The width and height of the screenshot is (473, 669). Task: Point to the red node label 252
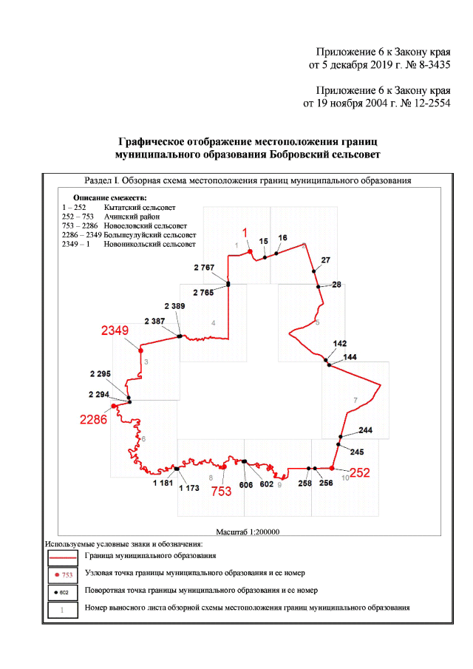coord(359,473)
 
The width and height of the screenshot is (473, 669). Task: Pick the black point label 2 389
coord(169,306)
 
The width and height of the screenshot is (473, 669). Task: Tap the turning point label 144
coord(350,357)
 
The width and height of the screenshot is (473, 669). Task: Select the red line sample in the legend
coord(63,554)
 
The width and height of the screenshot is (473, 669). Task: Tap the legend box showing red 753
coord(63,574)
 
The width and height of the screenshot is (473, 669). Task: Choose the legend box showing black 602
coord(63,592)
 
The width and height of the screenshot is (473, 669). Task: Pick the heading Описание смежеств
coord(110,198)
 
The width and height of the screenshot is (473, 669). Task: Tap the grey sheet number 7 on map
coord(355,400)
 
